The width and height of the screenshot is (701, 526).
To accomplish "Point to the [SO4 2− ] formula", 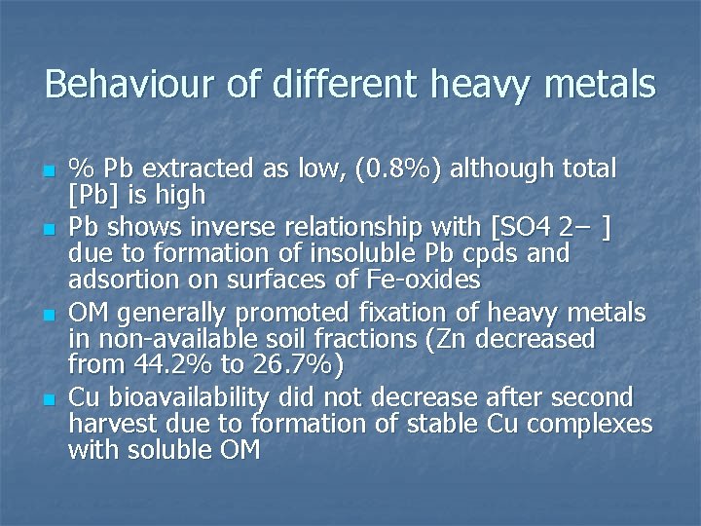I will pos(552,229).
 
